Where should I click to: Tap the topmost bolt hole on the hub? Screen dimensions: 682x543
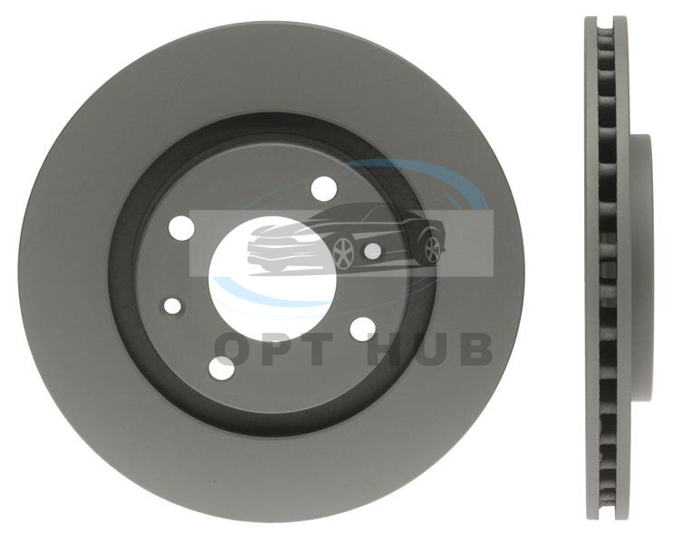(x=324, y=188)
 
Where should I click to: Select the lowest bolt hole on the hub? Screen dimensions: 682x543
(x=222, y=368)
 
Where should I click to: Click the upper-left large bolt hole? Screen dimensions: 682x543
(x=182, y=227)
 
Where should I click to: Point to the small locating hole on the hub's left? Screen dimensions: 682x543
(x=173, y=307)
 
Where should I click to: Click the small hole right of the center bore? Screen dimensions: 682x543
(x=372, y=251)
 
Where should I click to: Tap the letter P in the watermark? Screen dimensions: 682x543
(x=277, y=349)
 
